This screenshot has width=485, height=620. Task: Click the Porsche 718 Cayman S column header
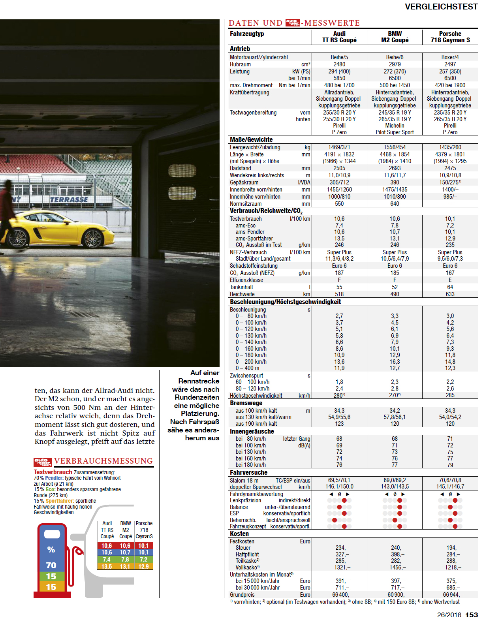[x=450, y=37]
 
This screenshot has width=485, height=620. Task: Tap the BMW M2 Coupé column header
[x=395, y=37]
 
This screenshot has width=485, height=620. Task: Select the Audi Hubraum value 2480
[x=339, y=64]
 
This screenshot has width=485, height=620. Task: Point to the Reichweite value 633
[x=450, y=294]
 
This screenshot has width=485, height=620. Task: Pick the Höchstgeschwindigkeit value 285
[x=450, y=395]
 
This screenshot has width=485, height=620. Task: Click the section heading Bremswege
[x=246, y=403]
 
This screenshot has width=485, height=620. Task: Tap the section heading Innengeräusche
[x=252, y=432]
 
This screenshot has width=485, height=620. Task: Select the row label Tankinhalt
[x=241, y=287]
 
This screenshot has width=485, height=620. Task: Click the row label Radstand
[x=240, y=168]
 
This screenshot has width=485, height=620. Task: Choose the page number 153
[x=472, y=615]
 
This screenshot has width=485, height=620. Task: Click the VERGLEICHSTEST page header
[x=441, y=7]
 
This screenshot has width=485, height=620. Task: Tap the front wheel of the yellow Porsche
[x=93, y=238]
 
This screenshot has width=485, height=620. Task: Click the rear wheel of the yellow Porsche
[x=17, y=238]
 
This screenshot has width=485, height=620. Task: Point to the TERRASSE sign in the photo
[x=69, y=200]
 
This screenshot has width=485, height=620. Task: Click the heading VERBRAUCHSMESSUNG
[x=103, y=461]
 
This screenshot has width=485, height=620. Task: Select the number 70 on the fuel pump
[x=51, y=566]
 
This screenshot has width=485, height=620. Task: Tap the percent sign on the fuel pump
[x=51, y=549]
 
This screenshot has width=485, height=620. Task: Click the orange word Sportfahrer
[x=60, y=501]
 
